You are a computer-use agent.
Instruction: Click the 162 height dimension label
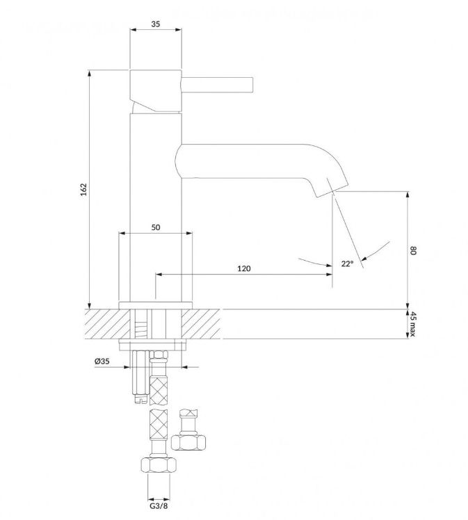coord(83,189)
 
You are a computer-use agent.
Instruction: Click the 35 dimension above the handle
coord(156,24)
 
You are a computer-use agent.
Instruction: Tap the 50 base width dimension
coord(156,227)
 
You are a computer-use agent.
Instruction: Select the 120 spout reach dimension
coord(244,268)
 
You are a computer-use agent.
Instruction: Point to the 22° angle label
coord(347,263)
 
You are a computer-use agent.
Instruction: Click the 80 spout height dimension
coord(412,250)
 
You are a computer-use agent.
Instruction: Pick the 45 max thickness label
coord(412,324)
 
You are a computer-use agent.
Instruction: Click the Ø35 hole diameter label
coord(102,361)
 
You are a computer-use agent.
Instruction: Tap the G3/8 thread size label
coord(159,506)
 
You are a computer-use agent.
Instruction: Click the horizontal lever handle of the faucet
coord(217,84)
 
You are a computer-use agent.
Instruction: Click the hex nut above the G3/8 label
coord(159,465)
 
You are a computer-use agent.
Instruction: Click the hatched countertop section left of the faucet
coord(107,324)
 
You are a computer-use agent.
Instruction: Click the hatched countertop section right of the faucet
coord(201,324)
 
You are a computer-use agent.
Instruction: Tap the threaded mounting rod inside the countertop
coord(141,324)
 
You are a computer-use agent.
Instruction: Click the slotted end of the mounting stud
coord(141,399)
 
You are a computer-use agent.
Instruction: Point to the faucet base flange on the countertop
coord(156,305)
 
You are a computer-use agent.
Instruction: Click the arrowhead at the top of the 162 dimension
coord(89,73)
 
